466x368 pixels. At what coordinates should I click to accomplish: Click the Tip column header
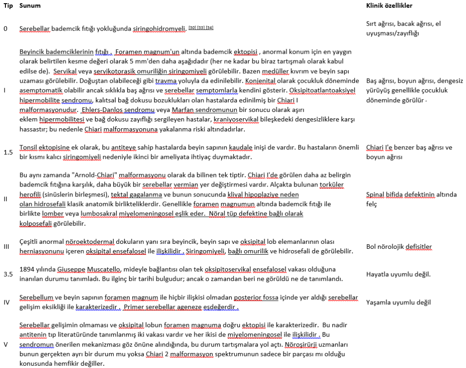coord(8,6)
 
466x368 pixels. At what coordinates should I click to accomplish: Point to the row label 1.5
coord(8,152)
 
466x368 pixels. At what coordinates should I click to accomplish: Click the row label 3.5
coord(8,274)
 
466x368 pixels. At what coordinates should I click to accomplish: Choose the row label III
coord(6,247)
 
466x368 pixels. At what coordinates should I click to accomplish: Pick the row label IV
coord(7,302)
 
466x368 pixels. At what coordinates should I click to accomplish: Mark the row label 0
coord(5,29)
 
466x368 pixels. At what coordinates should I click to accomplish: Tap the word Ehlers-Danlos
coord(99,110)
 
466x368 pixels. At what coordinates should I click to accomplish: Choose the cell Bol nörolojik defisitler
coord(399,247)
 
